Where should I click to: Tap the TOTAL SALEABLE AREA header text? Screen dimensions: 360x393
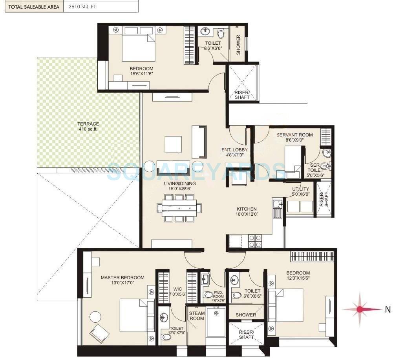coord(31,7)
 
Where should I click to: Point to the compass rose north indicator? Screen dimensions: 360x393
coord(360,309)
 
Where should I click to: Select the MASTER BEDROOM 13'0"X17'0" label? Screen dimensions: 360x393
coord(122,280)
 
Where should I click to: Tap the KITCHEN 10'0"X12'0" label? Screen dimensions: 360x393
coord(247,212)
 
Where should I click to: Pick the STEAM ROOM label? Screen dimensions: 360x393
coord(197,316)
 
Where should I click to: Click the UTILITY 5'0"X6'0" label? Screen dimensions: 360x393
coord(301,191)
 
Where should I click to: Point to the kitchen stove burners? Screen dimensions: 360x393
coord(256,241)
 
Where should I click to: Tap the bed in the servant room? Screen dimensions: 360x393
coord(292,162)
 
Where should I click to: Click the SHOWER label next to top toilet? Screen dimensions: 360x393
coord(238,45)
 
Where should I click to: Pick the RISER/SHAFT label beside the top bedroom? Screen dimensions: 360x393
coord(242,95)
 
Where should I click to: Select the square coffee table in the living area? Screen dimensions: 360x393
coord(173,144)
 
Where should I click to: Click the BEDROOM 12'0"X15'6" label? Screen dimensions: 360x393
coord(298,276)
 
